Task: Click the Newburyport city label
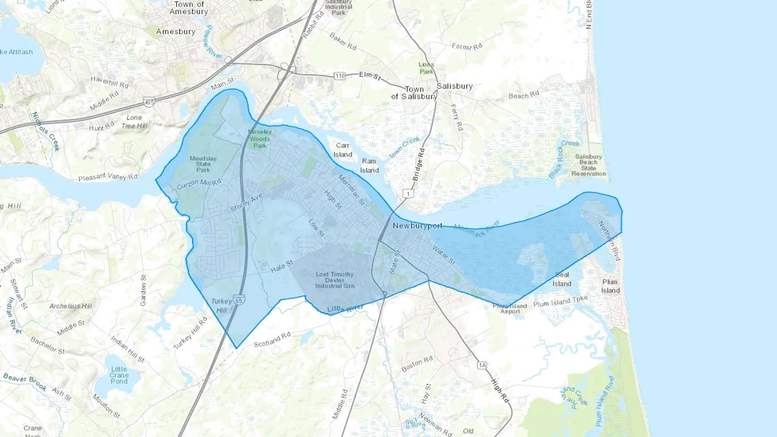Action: coord(417,226)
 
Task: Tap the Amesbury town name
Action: coord(176,31)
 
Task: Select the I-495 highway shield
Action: coord(149,102)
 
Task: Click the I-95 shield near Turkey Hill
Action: coord(239,300)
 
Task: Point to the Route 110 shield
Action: coord(340,76)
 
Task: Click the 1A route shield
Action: coord(482,365)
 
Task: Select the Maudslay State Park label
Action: coord(203,164)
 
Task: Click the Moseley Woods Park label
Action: coord(260,138)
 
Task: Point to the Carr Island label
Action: coord(343,150)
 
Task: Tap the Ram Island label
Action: coord(370,166)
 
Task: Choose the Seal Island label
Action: coord(562,279)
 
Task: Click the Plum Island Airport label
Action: coord(510,308)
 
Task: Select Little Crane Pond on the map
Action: coord(119,375)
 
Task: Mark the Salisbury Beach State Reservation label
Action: coord(588,165)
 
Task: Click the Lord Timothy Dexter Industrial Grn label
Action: coord(335,280)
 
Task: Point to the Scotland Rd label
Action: coord(272,340)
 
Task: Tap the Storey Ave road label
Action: coord(246,202)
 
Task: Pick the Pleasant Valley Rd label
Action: coord(108,177)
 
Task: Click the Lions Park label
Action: coord(426,68)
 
